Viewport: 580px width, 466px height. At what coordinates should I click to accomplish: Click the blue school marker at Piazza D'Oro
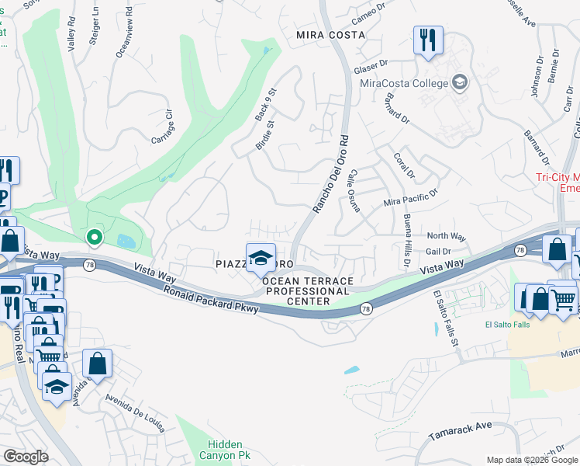pyautogui.click(x=261, y=257)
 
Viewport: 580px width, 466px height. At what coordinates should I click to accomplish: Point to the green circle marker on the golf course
pyautogui.click(x=94, y=237)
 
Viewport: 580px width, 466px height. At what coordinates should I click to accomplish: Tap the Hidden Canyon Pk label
pyautogui.click(x=226, y=450)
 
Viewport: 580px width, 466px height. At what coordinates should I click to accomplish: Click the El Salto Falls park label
pyautogui.click(x=508, y=325)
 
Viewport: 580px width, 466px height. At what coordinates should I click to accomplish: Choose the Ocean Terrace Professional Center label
pyautogui.click(x=308, y=290)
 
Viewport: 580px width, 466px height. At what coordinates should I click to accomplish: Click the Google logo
pyautogui.click(x=26, y=457)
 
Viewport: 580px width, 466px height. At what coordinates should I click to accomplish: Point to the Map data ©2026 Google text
pyautogui.click(x=531, y=460)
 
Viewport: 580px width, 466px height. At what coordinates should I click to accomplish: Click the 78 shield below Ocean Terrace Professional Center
pyautogui.click(x=364, y=310)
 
